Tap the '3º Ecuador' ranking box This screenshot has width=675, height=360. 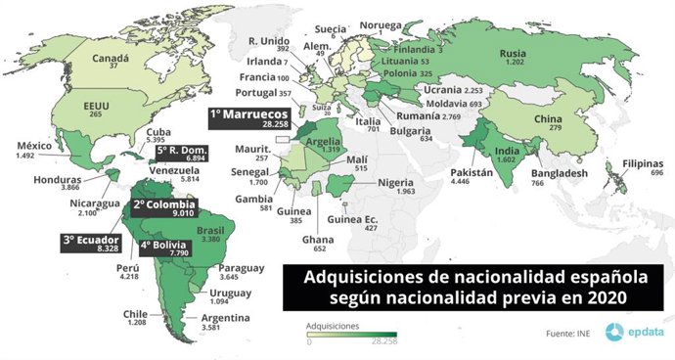(x=90, y=244)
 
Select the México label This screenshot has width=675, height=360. (x=36, y=147)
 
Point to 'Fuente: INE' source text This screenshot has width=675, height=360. (x=567, y=334)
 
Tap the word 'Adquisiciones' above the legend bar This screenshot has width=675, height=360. (x=333, y=324)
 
